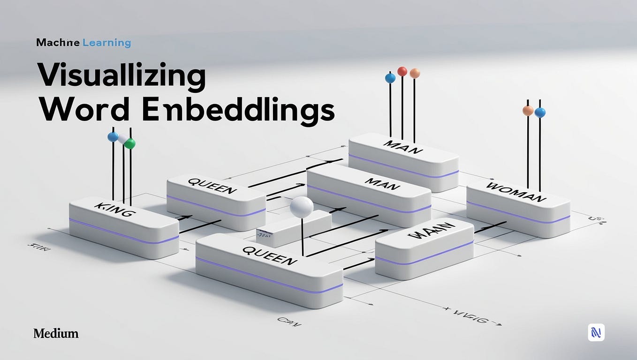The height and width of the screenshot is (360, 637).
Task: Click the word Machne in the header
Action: coord(57,43)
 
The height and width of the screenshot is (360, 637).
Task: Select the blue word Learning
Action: coord(106,43)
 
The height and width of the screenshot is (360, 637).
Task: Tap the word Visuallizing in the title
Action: coord(121,76)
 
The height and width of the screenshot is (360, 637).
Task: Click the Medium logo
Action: coord(56,334)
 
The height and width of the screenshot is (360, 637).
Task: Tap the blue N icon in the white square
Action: coord(596,332)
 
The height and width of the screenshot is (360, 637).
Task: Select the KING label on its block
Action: coord(115,210)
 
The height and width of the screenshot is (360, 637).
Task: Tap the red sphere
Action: coord(402,71)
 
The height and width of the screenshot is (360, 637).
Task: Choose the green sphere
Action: coord(130,143)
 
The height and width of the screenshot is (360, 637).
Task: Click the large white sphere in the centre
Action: coord(302,207)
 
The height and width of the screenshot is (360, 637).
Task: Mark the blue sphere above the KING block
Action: coord(113,137)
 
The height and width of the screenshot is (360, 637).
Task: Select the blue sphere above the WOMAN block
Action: coord(540,112)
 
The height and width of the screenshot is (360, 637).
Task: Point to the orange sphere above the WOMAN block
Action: coord(528,111)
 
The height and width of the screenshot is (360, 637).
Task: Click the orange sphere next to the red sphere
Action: coord(415,73)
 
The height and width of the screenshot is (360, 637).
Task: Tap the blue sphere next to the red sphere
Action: coord(390,78)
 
